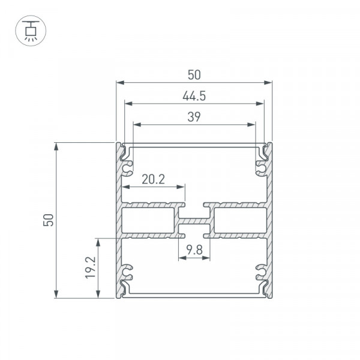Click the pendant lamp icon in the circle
(x=31, y=31)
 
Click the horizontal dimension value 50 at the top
(x=194, y=75)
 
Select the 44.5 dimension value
(x=194, y=96)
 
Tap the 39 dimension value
(x=194, y=117)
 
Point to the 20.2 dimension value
(x=153, y=179)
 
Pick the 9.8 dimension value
(x=194, y=250)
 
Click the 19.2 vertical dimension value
(x=91, y=268)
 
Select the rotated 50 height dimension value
(x=49, y=220)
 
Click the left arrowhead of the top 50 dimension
(x=120, y=83)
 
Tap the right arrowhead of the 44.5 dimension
(x=260, y=104)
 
